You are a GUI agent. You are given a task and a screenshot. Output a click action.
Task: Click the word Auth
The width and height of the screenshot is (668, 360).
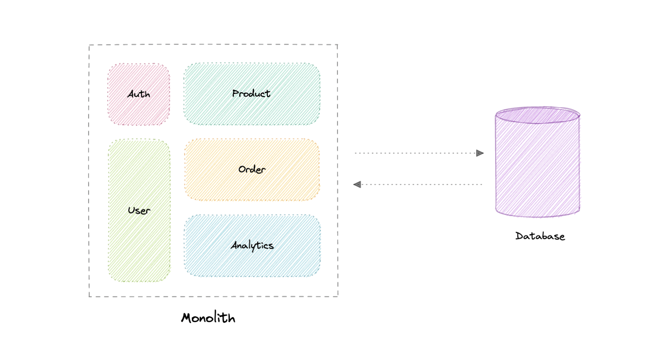(x=139, y=94)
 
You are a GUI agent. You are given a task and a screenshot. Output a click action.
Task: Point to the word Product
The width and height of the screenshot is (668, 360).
(x=251, y=94)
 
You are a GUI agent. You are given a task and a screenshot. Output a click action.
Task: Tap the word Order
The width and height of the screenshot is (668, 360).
(x=252, y=169)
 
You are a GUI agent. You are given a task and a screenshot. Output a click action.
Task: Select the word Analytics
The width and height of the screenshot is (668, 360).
(x=252, y=246)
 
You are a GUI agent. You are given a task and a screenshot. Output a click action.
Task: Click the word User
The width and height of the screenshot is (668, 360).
(x=139, y=211)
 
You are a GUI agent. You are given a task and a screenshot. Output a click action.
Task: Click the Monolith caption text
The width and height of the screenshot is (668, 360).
(x=208, y=318)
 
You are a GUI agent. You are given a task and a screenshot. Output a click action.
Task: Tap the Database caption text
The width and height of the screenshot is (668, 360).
(x=540, y=236)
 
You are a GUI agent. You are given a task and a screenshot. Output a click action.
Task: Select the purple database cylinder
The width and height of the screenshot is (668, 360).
(x=537, y=172)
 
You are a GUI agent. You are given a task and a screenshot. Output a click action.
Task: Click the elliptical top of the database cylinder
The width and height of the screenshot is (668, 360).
(x=537, y=115)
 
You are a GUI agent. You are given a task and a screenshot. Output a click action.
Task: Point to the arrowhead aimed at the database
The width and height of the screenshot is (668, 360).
(x=480, y=154)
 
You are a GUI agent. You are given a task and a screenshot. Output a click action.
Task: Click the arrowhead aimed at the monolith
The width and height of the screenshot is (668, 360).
(x=357, y=184)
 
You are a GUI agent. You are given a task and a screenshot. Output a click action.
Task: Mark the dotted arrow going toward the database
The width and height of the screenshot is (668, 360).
(x=415, y=154)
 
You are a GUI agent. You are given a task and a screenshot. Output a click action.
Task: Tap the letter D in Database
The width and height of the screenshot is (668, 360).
(x=519, y=236)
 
